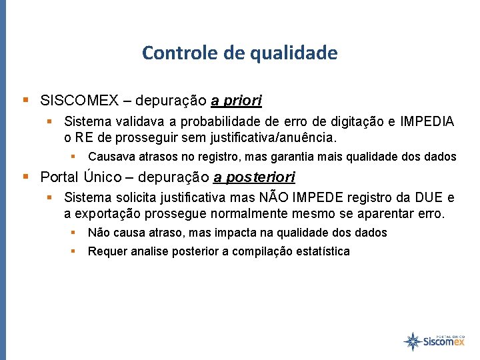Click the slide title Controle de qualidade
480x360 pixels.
tap(239, 53)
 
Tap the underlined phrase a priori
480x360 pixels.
tap(237, 101)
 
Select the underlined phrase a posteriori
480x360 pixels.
tap(254, 177)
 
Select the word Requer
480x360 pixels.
tap(105, 251)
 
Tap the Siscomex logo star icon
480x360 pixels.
tap(413, 341)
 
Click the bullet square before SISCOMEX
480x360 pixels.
tap(26, 101)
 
